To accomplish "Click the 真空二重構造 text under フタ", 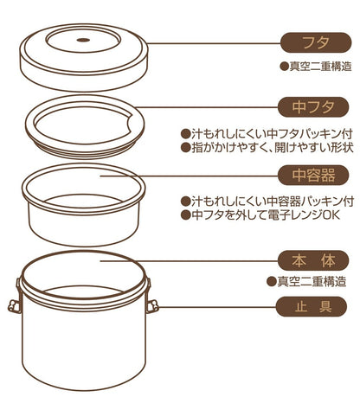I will (x=315, y=67).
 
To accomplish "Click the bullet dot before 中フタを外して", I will (x=184, y=214).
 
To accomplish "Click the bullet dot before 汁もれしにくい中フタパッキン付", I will (x=184, y=134).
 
